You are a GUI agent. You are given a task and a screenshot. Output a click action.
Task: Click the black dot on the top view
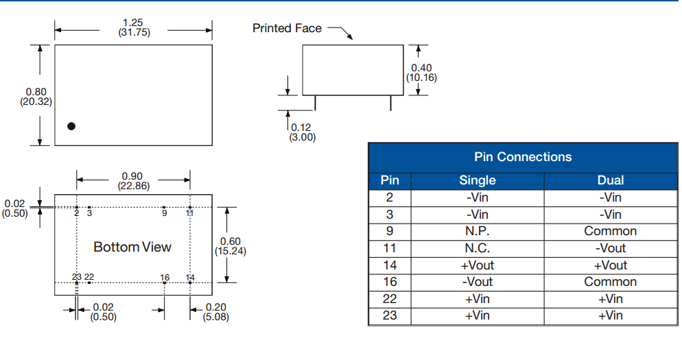71,126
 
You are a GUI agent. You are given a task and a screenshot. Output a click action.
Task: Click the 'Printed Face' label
287,28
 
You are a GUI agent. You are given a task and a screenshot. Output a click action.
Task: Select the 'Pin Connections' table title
522,157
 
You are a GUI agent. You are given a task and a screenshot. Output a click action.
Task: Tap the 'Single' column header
477,180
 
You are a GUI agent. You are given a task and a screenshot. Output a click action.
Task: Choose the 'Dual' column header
610,180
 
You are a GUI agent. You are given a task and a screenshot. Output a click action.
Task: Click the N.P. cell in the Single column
477,231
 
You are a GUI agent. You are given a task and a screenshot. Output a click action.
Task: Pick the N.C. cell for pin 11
477,248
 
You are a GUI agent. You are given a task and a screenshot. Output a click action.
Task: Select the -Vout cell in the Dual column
610,248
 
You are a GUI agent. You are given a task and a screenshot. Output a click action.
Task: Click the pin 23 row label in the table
389,315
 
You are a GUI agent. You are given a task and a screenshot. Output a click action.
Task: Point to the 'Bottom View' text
132,247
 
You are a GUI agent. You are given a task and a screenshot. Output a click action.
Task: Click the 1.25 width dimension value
132,23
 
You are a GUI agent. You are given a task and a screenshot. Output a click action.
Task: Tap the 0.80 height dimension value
36,92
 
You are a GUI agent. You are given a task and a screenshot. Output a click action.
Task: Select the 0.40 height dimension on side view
421,68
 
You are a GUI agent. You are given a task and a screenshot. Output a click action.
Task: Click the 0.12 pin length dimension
301,128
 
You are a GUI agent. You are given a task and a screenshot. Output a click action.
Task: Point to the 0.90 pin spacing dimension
132,177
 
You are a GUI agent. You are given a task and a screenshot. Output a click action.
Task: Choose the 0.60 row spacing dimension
230,241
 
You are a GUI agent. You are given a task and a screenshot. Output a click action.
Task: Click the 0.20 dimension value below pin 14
215,307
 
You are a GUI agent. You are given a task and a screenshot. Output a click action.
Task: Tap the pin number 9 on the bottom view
164,213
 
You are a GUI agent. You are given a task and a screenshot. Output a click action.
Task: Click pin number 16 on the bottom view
165,278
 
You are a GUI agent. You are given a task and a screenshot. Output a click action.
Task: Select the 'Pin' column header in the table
389,180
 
